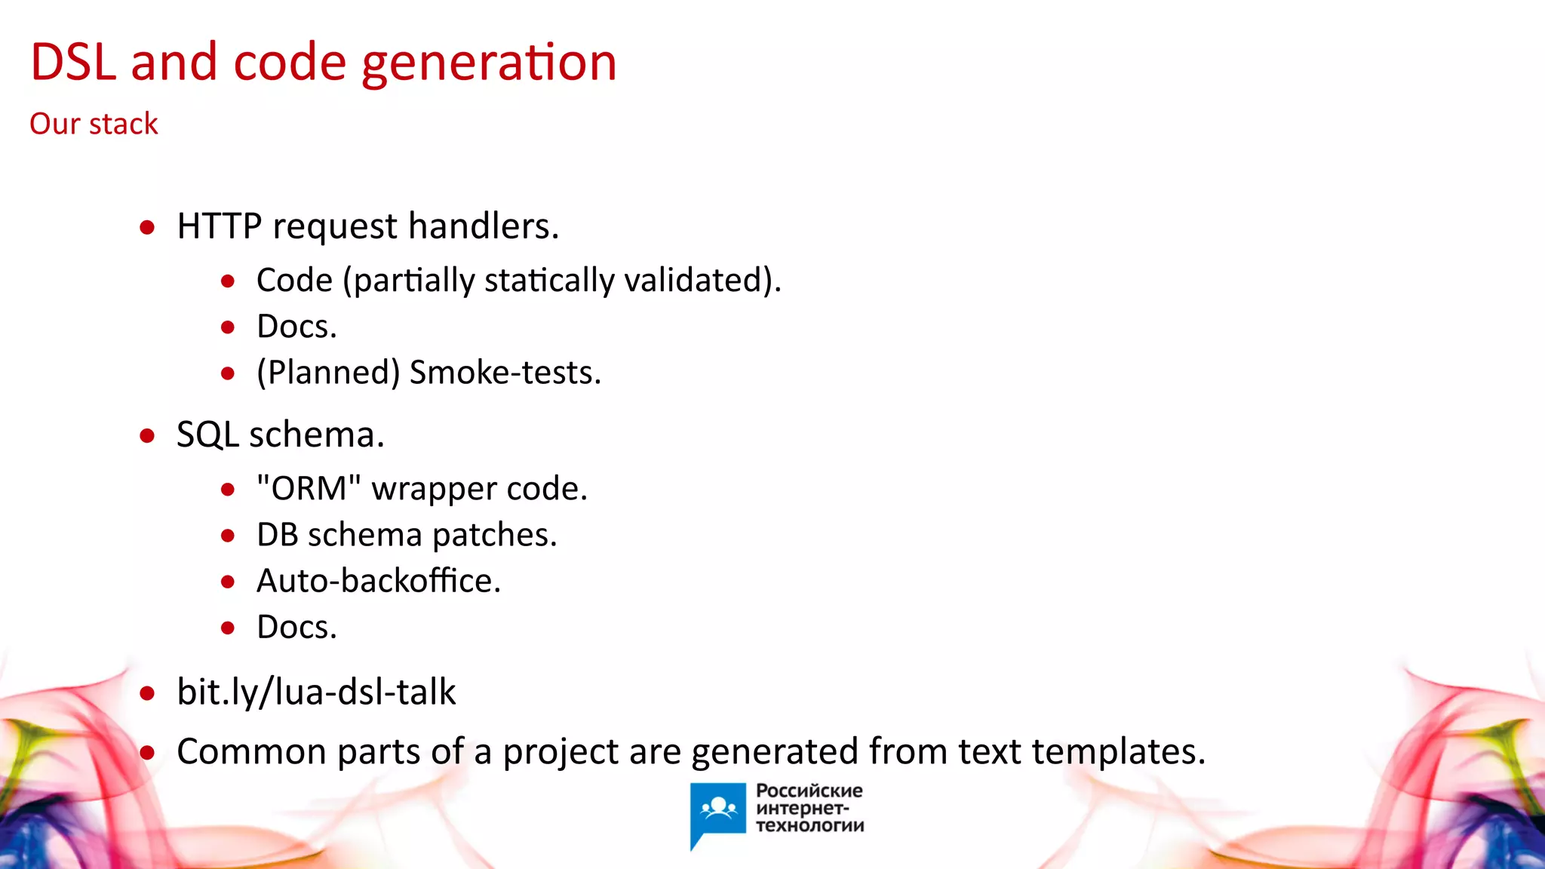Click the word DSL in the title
tap(73, 62)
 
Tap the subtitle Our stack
tap(94, 124)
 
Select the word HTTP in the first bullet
tap(219, 226)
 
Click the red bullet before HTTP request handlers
tap(148, 227)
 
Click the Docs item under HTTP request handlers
tap(296, 327)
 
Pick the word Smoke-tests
tap(505, 373)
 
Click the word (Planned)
tap(328, 373)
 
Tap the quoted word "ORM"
tap(309, 489)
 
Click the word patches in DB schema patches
tap(494, 535)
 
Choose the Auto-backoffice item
tap(379, 581)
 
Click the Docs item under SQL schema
tap(296, 628)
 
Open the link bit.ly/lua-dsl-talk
tap(316, 692)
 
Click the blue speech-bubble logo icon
tap(717, 811)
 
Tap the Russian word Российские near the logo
tap(809, 791)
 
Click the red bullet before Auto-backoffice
tap(228, 582)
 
